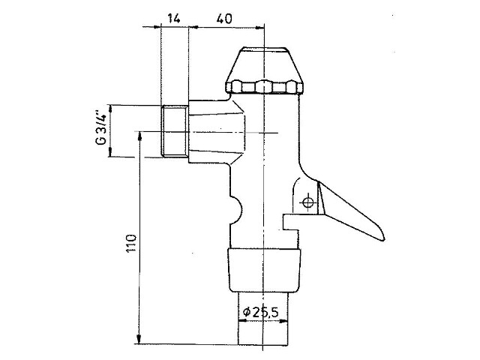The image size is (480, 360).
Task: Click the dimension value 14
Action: [174, 19]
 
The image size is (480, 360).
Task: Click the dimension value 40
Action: [224, 19]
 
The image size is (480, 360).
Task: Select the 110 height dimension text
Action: [131, 243]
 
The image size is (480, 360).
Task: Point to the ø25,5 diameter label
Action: [261, 312]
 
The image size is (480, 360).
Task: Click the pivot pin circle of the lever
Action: [308, 202]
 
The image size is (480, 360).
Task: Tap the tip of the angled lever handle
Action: [382, 238]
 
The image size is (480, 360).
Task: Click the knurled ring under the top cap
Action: [264, 87]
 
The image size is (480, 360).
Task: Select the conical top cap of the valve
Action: [264, 64]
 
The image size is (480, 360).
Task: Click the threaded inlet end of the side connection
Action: [175, 131]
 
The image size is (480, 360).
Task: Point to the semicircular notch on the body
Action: [236, 210]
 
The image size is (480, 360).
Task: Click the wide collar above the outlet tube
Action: [264, 270]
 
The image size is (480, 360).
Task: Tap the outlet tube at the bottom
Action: [263, 318]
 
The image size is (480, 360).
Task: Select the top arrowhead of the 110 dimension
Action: [140, 136]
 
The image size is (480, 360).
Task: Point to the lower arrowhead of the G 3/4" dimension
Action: [110, 152]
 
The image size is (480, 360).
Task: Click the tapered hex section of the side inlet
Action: [217, 132]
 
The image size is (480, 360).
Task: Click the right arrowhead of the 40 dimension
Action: [259, 28]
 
